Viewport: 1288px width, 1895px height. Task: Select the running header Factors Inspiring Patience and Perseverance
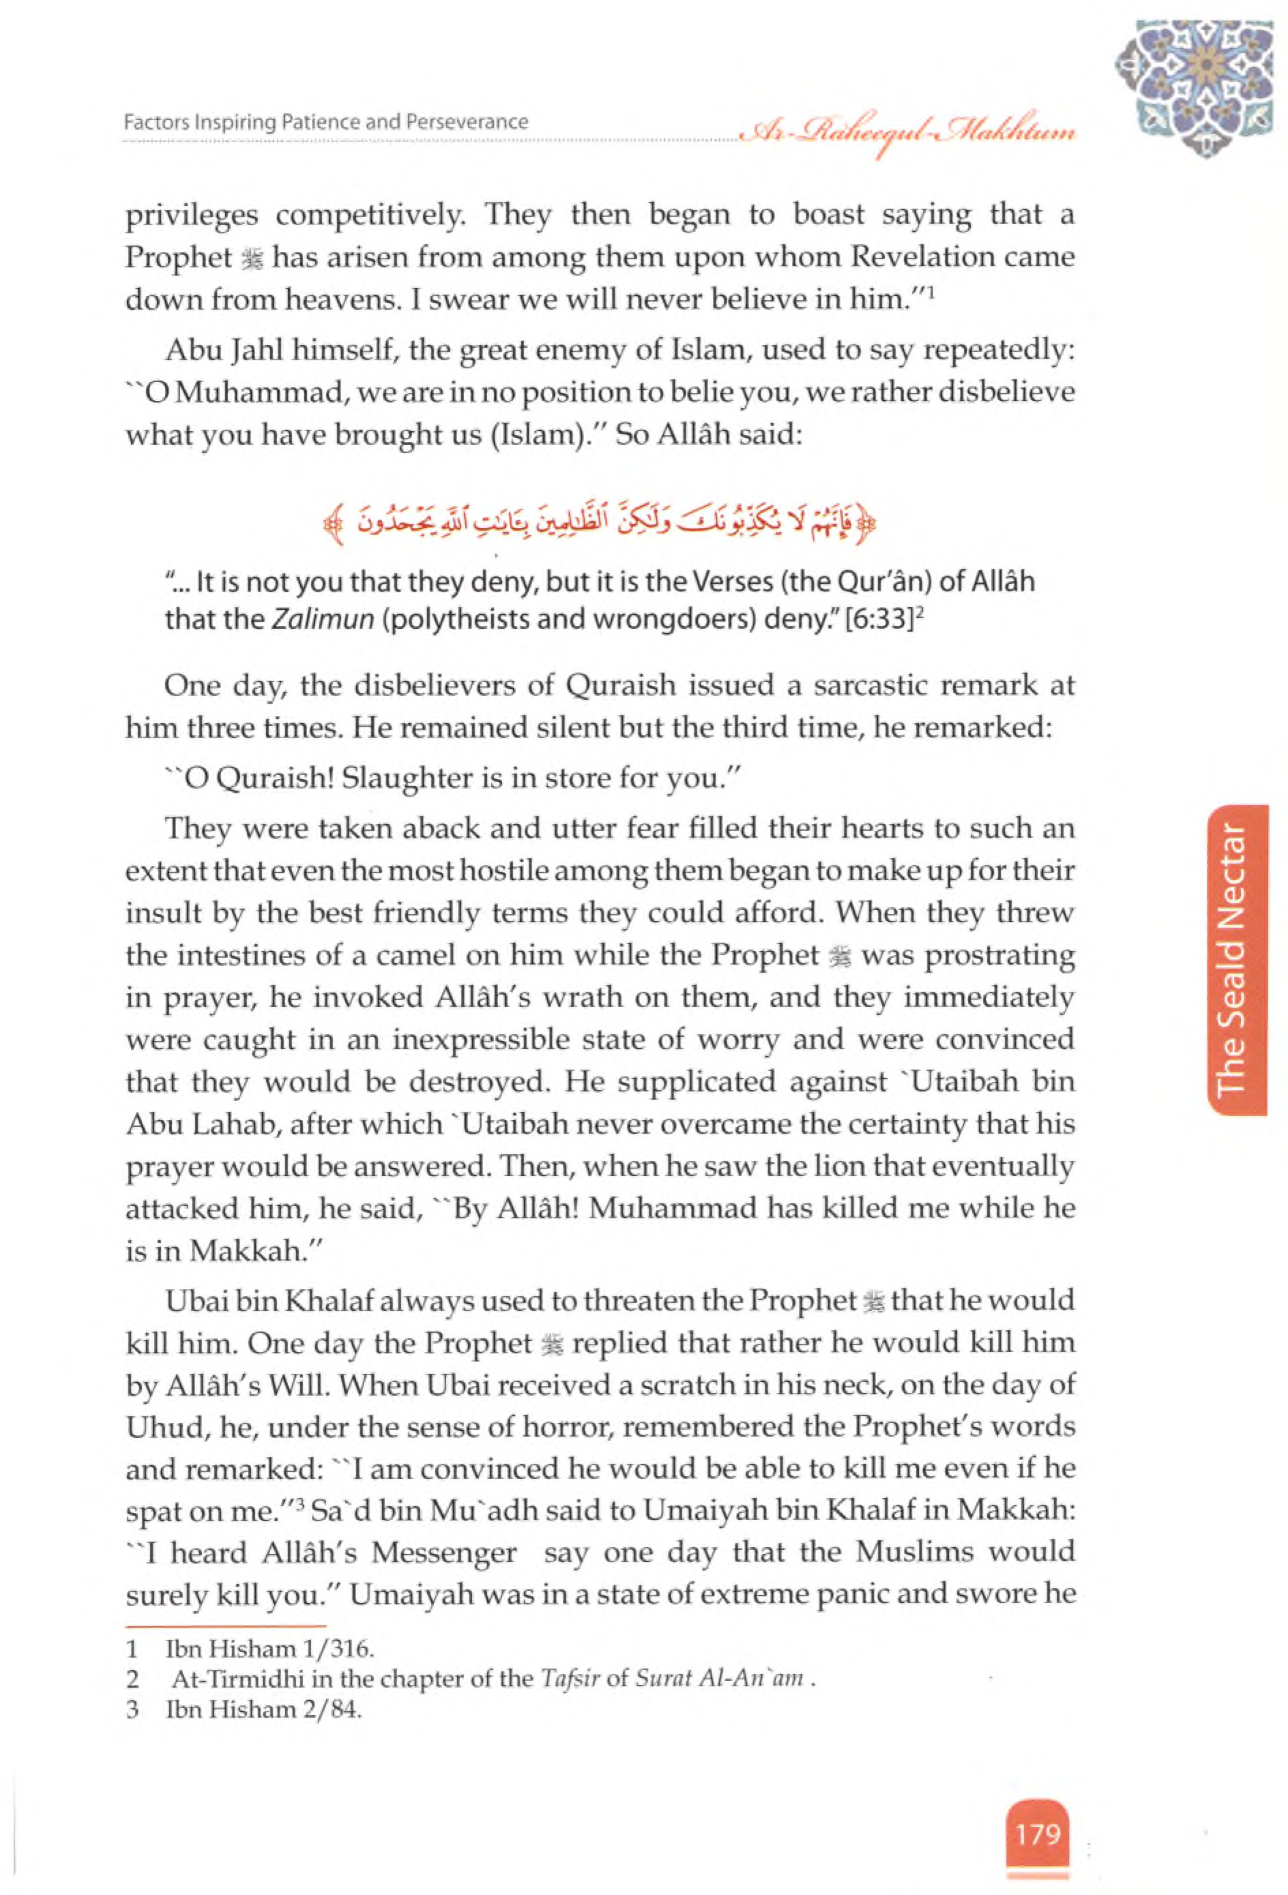click(326, 122)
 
